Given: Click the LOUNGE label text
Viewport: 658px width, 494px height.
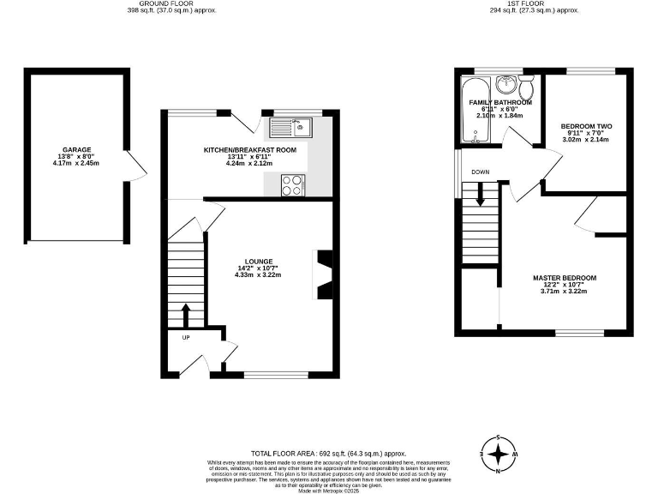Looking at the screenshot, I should (x=258, y=262).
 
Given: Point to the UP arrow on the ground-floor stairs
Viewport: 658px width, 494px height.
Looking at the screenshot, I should (x=185, y=314).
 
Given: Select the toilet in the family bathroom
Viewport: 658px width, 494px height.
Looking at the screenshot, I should (x=528, y=86).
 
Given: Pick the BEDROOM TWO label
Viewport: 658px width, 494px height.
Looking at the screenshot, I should (x=586, y=126).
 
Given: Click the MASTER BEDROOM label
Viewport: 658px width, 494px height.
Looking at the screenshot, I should (x=564, y=278).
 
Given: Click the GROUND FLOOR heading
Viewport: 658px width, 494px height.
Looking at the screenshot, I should (x=171, y=3).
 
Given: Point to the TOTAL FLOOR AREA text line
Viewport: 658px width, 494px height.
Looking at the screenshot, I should (x=328, y=453).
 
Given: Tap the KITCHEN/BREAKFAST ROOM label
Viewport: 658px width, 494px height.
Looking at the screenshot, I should (x=249, y=150).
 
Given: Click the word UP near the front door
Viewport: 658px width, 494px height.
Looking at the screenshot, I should (x=185, y=337).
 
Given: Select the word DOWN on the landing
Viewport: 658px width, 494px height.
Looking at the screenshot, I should (x=480, y=172).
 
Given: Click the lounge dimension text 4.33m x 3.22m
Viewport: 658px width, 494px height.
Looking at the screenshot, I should (x=258, y=276).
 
